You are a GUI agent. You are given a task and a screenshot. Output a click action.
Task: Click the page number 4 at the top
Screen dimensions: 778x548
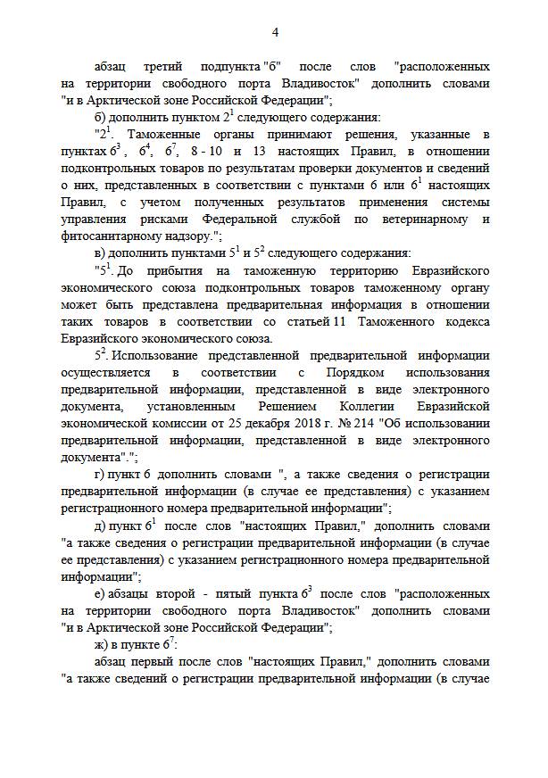(x=275, y=33)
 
